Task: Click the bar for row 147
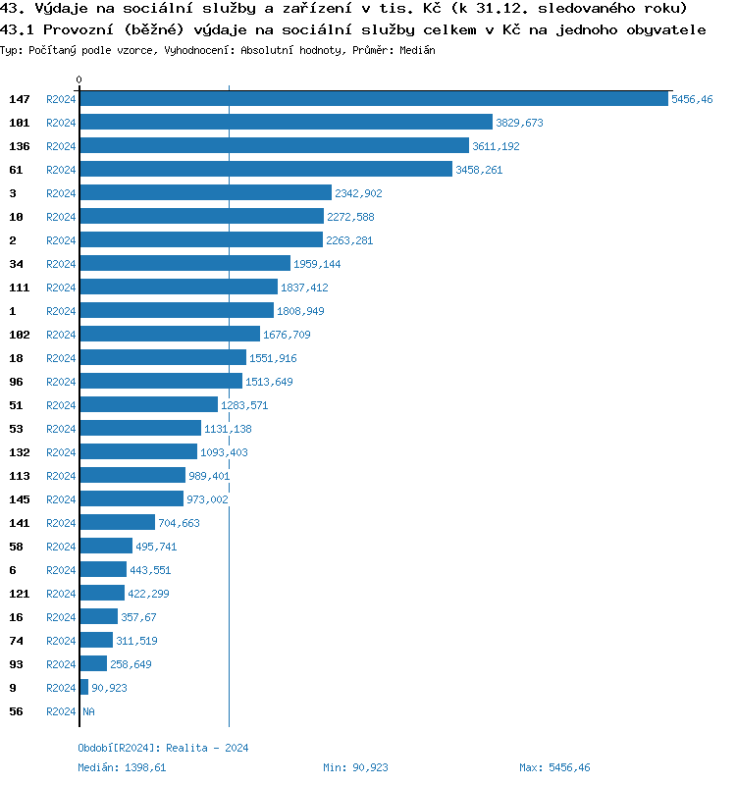pos(373,99)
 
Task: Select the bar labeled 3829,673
pos(286,123)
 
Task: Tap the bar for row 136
pos(274,146)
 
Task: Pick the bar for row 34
pos(184,264)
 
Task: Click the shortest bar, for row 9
pos(83,688)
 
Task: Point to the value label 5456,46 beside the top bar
pos(692,99)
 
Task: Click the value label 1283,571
pos(244,405)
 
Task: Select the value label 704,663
pos(179,523)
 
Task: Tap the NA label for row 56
pos(88,711)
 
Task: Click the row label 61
pos(16,170)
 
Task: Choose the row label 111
pos(19,288)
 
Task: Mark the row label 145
pos(19,499)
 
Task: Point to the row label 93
pos(16,664)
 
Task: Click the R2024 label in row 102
pos(61,335)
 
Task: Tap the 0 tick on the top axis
pos(79,79)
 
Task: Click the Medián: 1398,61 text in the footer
pos(122,767)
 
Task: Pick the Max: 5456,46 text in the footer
pos(554,767)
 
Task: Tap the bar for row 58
pos(105,547)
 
